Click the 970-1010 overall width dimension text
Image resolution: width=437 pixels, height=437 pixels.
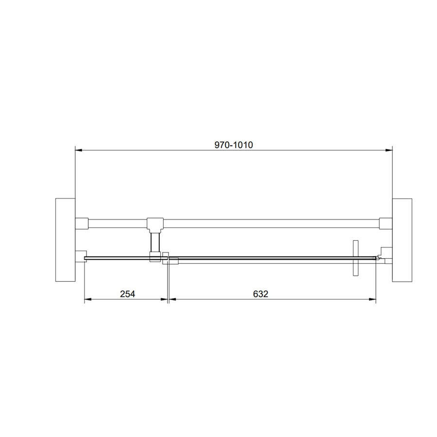[234, 144]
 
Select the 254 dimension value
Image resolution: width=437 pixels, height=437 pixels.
[127, 294]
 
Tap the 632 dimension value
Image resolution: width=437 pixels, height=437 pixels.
[260, 294]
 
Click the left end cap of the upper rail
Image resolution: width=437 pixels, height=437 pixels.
[81, 223]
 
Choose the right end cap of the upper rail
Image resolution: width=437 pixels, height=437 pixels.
[386, 223]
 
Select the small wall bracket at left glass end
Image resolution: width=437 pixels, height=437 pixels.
[81, 255]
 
